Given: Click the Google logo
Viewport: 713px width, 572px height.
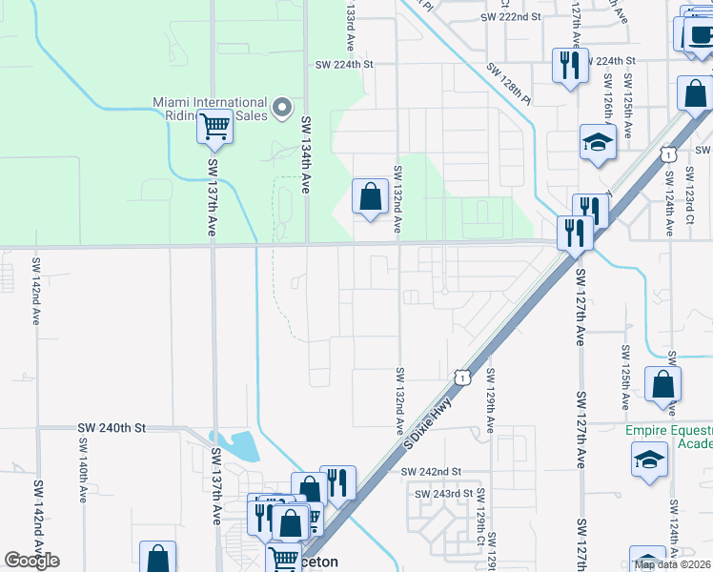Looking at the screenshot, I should pyautogui.click(x=31, y=561).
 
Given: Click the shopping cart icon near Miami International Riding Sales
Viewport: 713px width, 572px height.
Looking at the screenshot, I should pyautogui.click(x=214, y=125).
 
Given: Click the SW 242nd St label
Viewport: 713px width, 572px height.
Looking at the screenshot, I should pyautogui.click(x=431, y=472).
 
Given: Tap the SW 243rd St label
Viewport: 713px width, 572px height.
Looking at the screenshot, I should pyautogui.click(x=443, y=493).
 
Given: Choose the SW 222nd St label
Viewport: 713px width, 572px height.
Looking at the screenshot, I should pyautogui.click(x=510, y=17).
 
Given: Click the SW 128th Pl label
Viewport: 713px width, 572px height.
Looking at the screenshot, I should pyautogui.click(x=508, y=83).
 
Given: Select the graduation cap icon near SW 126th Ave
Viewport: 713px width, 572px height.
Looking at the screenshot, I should pyautogui.click(x=598, y=143).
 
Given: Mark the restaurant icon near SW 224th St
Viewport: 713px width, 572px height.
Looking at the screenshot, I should pyautogui.click(x=570, y=65).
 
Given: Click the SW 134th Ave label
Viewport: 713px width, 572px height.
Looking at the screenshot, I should pyautogui.click(x=306, y=154).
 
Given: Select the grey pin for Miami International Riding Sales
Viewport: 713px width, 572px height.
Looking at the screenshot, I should pyautogui.click(x=281, y=108).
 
